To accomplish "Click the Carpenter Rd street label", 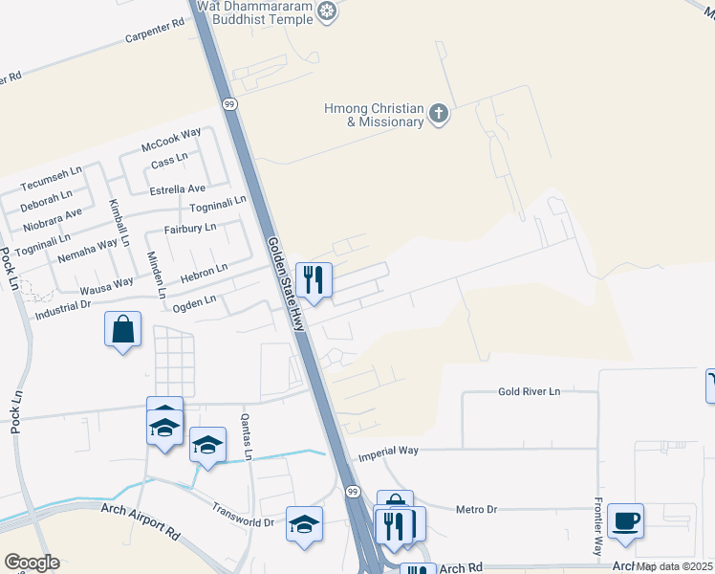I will click(x=154, y=34).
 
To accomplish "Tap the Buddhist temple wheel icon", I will click(x=329, y=11).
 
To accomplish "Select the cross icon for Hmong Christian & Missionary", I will click(x=439, y=115).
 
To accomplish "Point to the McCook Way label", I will click(x=171, y=140).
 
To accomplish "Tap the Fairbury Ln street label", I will click(x=189, y=228).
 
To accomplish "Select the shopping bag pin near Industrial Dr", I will click(x=123, y=330).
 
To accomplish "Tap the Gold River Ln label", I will click(x=529, y=392).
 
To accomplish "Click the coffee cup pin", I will click(x=625, y=521).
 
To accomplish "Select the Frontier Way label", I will click(x=597, y=529).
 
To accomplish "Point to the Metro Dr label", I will click(x=476, y=510).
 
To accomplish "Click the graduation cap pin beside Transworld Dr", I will click(x=304, y=525).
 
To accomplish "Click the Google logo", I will click(x=32, y=563).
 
